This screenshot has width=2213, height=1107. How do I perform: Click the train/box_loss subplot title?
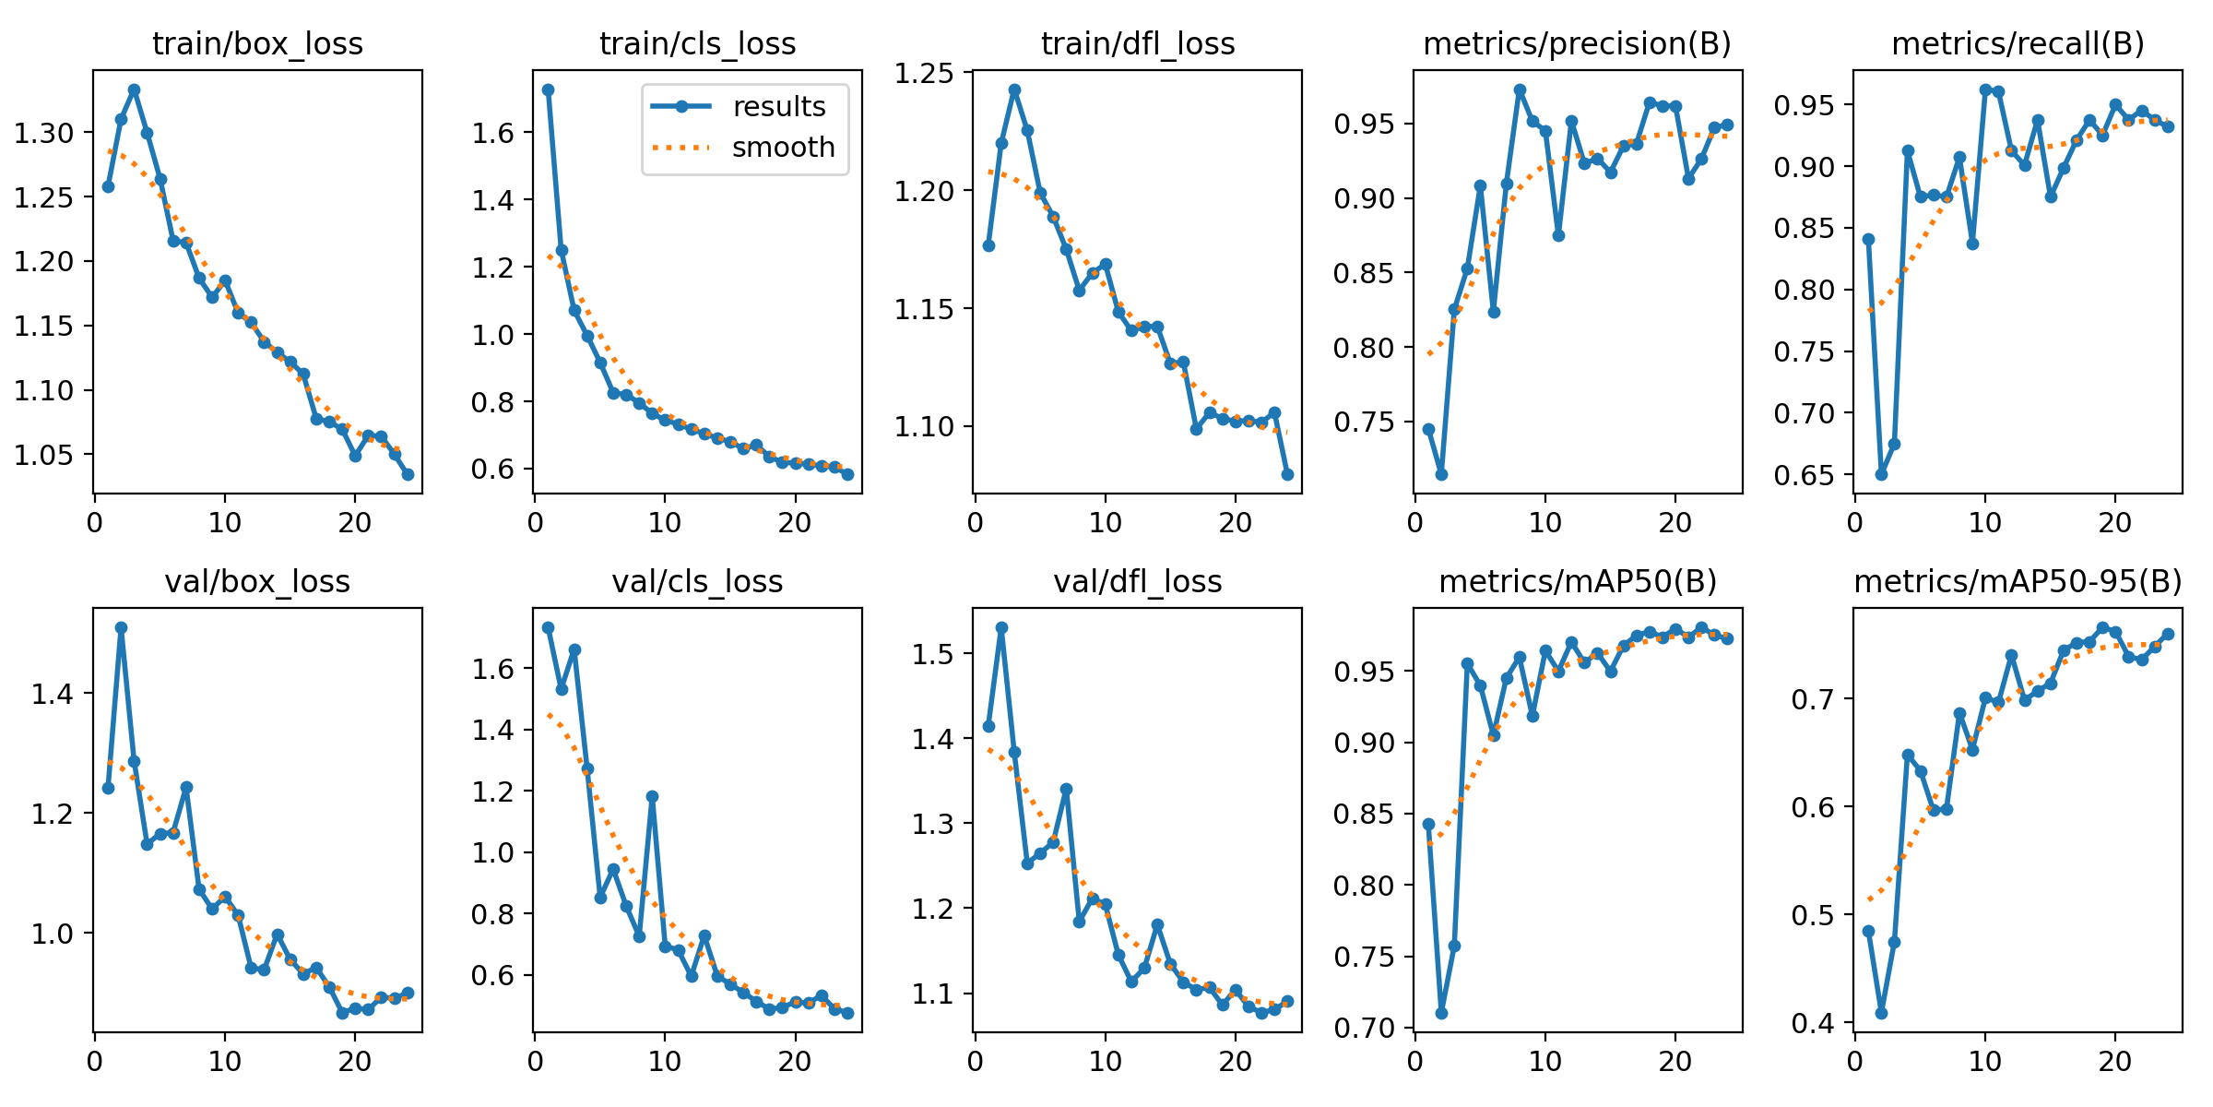pyautogui.click(x=257, y=44)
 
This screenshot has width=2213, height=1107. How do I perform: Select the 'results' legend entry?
pyautogui.click(x=779, y=107)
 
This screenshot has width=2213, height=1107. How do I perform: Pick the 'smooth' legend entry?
pyautogui.click(x=783, y=148)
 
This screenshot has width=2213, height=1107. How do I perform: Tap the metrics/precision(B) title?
pyautogui.click(x=1577, y=44)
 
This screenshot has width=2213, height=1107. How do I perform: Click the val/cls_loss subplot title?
pyautogui.click(x=697, y=582)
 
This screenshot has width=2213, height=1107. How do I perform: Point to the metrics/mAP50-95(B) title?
pyautogui.click(x=2018, y=582)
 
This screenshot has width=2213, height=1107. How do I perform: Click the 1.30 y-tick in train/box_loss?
pyautogui.click(x=43, y=133)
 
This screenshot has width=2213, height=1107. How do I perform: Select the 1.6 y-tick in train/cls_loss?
pyautogui.click(x=494, y=133)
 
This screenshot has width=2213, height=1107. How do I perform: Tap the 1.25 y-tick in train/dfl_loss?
pyautogui.click(x=923, y=73)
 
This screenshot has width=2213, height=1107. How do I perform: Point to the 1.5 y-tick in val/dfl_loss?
pyautogui.click(x=933, y=654)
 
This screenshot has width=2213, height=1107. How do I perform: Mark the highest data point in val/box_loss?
pyautogui.click(x=121, y=627)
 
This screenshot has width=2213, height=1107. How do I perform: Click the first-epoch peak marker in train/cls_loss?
pyautogui.click(x=548, y=89)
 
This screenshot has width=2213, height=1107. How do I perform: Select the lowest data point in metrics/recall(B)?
pyautogui.click(x=1881, y=474)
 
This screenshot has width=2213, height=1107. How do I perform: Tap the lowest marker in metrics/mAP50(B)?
pyautogui.click(x=1441, y=1013)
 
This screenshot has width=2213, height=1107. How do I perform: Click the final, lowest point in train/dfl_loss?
pyautogui.click(x=1287, y=474)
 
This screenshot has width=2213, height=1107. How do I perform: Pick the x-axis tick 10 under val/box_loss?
pyautogui.click(x=224, y=1062)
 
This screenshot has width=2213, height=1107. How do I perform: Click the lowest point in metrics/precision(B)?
pyautogui.click(x=1441, y=474)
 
